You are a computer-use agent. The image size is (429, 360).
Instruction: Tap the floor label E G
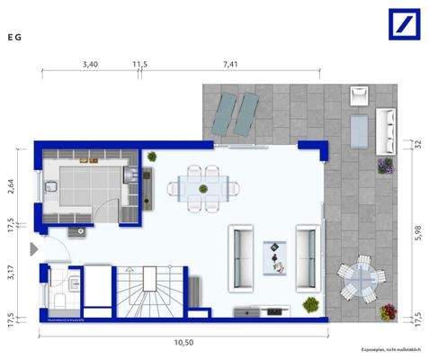(x=14, y=38)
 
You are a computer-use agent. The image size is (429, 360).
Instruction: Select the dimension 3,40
(x=90, y=65)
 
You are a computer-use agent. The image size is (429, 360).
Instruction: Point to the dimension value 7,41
(x=231, y=65)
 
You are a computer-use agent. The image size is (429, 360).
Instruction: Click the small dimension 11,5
(x=139, y=65)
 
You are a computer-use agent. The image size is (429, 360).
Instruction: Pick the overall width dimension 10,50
(x=184, y=343)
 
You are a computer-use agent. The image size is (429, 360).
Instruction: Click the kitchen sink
(x=53, y=188)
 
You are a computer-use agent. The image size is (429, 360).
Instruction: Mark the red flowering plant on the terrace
(x=389, y=311)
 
